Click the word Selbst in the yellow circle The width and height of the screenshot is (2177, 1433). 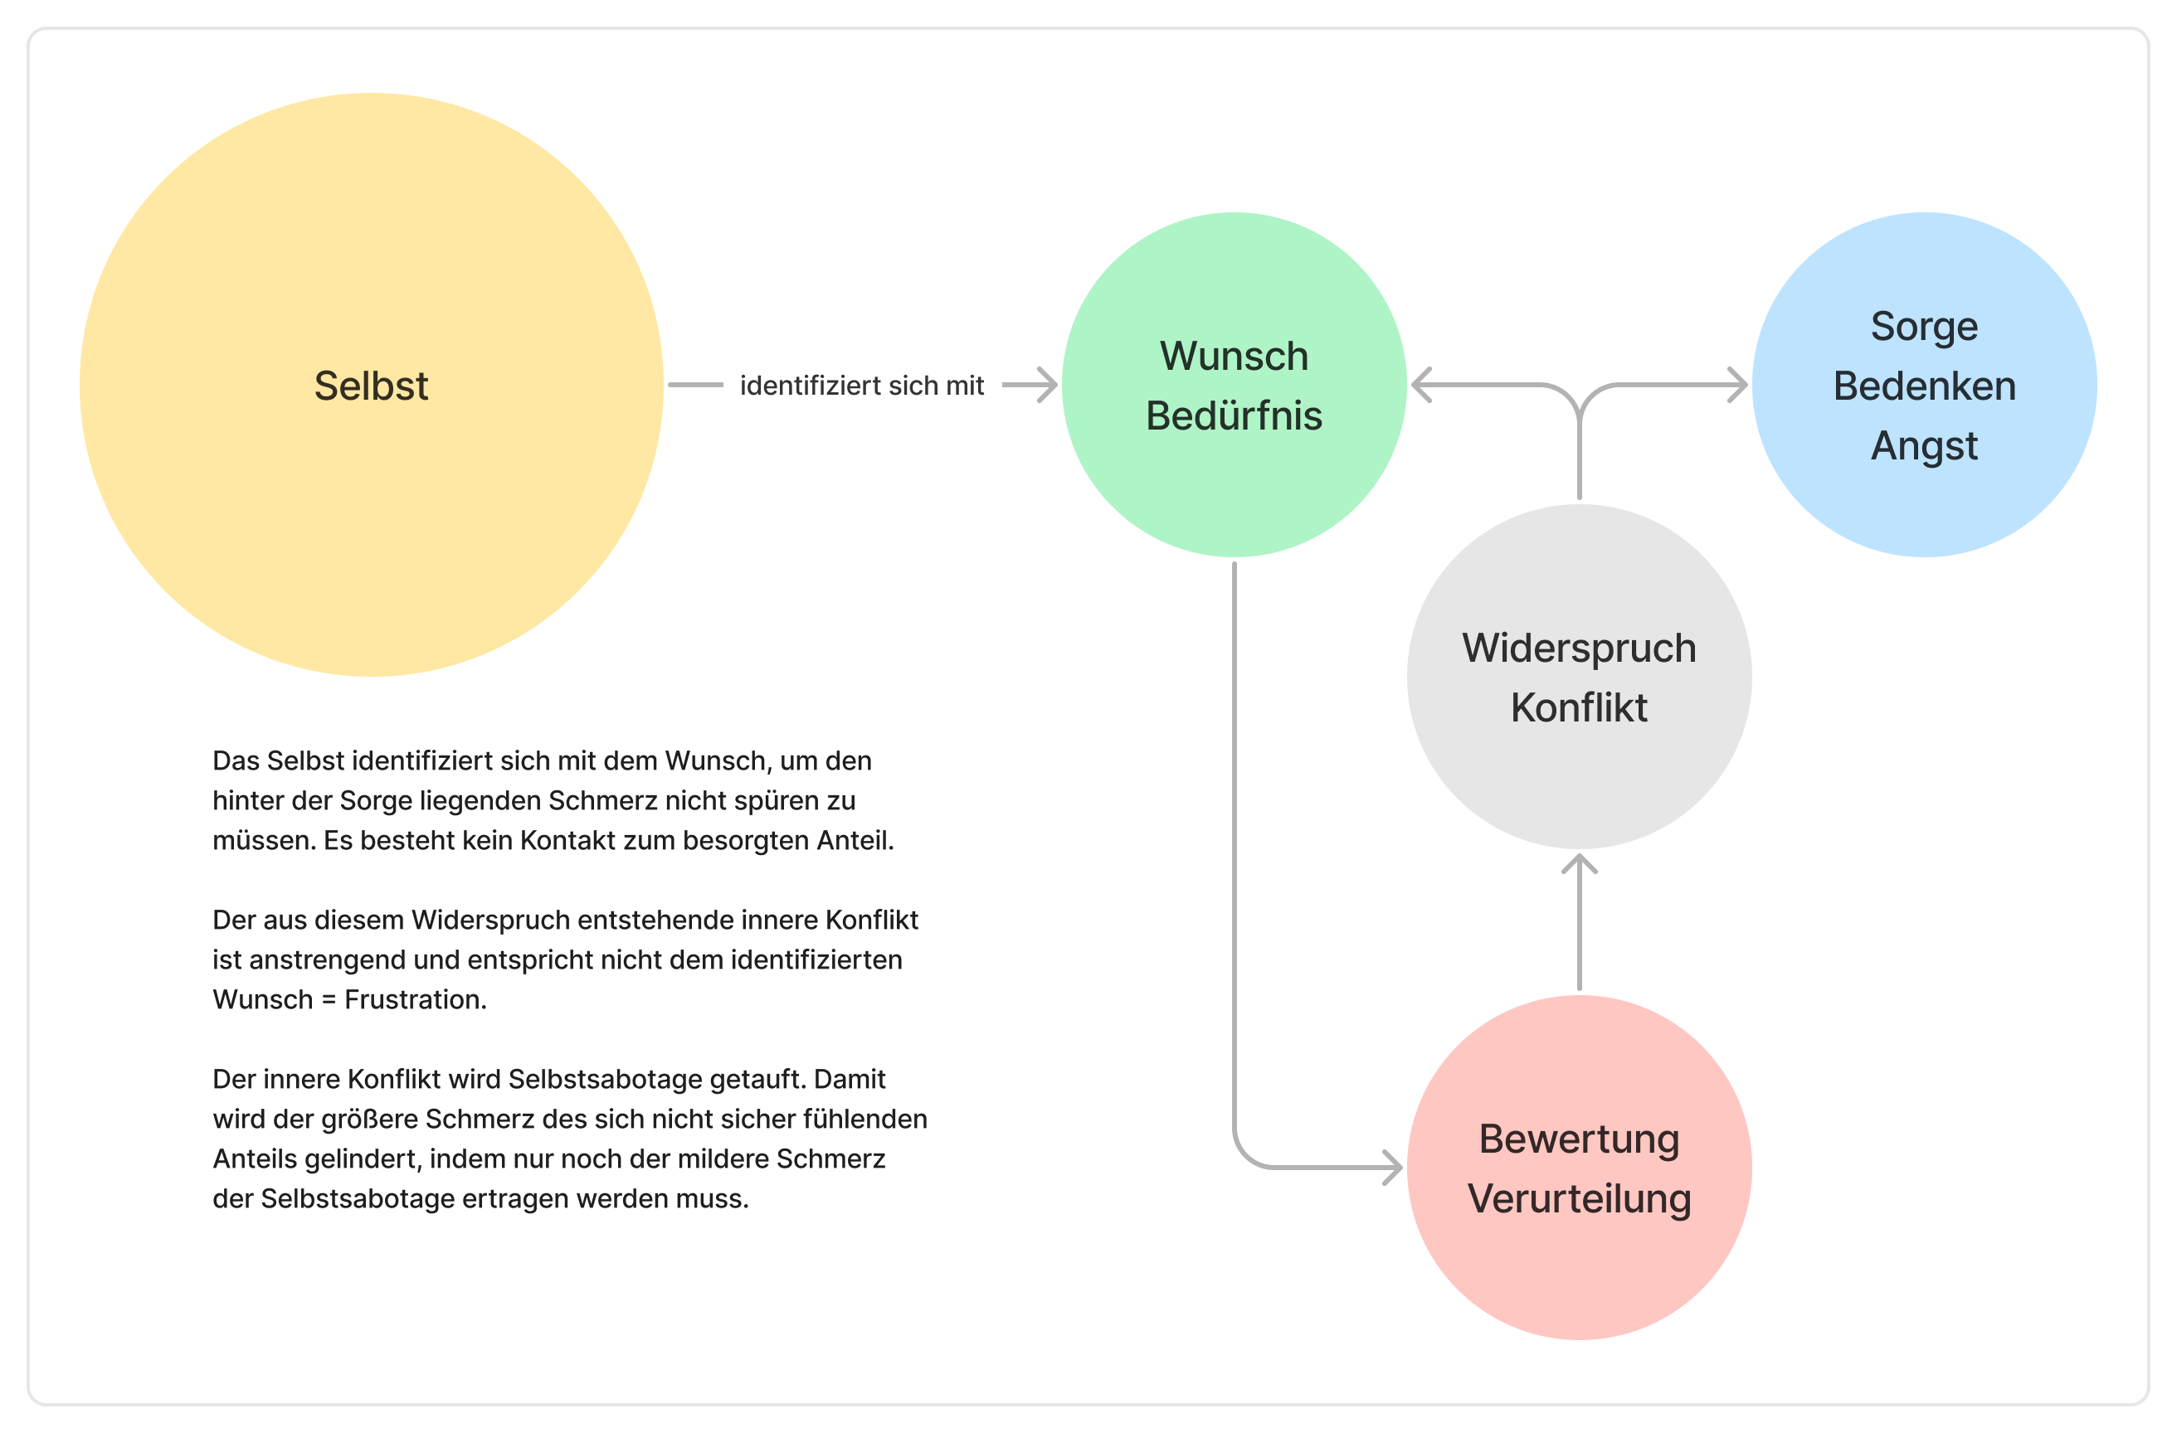coord(371,386)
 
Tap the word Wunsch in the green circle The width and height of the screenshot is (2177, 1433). coord(1234,356)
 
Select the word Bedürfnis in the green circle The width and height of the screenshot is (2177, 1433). coord(1234,416)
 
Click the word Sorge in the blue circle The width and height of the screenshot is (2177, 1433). coord(1924,327)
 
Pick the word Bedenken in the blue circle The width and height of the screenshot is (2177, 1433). coord(1924,386)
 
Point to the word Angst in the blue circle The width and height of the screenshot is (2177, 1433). coord(1924,446)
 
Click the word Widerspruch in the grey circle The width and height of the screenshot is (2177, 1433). coord(1579,648)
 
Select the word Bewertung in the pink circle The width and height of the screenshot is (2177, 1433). coord(1579,1139)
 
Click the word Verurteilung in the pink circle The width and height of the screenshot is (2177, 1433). coord(1579,1199)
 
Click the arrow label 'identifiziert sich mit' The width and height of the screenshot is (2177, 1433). coord(862,386)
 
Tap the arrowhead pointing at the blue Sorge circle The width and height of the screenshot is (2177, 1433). coord(1739,385)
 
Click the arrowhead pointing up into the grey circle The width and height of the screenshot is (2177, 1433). coord(1579,862)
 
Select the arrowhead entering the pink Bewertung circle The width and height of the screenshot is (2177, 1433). coord(1393,1168)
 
